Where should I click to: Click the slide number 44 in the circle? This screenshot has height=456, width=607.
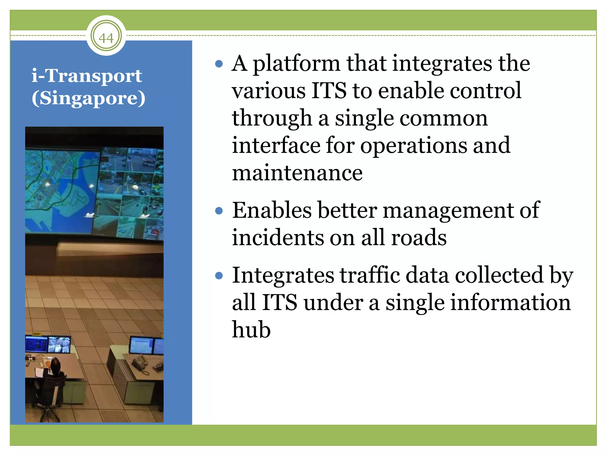(x=106, y=37)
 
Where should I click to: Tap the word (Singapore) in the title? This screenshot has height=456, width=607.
(x=88, y=98)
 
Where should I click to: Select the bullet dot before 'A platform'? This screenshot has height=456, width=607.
(x=219, y=64)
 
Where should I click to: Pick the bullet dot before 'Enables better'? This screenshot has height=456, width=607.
(x=219, y=211)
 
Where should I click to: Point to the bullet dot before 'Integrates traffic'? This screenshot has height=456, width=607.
(x=219, y=276)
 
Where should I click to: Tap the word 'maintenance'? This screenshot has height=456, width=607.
(x=297, y=173)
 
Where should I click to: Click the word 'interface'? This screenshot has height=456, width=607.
(x=276, y=145)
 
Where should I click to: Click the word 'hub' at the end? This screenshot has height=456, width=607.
(x=251, y=330)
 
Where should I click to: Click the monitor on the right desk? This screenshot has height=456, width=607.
(x=142, y=346)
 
